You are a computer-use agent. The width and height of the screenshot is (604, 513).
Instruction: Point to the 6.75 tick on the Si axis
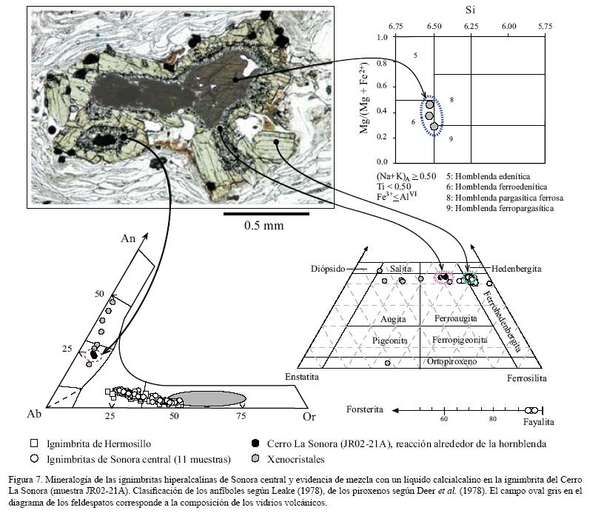point(396,26)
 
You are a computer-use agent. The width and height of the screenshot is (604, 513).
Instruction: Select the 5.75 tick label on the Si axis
point(546,26)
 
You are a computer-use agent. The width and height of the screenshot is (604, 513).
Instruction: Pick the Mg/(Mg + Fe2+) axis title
point(366,98)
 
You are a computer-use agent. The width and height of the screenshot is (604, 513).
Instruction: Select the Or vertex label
point(309,417)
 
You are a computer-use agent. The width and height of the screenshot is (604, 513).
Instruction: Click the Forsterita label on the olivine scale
point(366,409)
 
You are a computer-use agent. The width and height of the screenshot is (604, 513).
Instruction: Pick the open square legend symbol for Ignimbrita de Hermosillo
point(33,444)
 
